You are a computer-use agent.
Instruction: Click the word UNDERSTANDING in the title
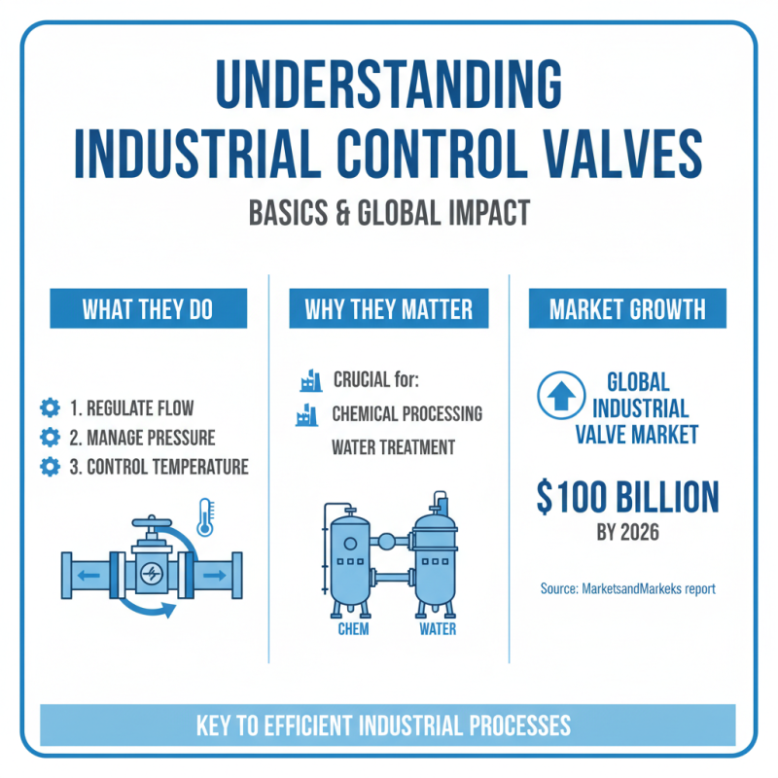point(388,88)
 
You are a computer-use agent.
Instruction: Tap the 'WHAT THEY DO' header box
point(147,310)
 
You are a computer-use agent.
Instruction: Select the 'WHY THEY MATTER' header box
point(388,310)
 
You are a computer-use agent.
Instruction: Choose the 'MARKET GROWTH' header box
point(627,310)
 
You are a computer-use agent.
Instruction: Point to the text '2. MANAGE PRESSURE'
point(143,438)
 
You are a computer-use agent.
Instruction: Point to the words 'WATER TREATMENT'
point(394,448)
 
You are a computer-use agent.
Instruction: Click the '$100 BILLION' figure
point(627,498)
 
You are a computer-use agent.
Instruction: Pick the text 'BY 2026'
point(627,533)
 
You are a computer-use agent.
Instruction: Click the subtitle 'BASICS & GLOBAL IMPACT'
point(388,214)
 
